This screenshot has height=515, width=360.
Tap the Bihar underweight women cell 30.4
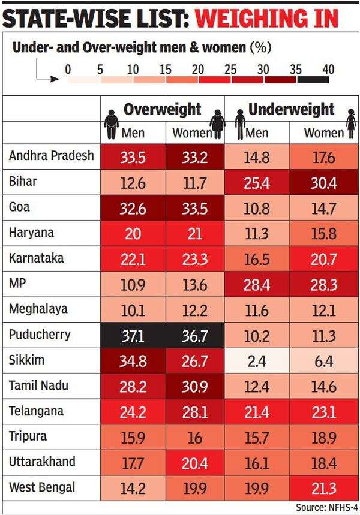323,182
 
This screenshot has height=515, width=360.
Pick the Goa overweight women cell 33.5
194,208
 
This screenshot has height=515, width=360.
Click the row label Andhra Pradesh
52,156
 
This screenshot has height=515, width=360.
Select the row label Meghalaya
38,309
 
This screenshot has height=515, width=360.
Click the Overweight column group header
162,110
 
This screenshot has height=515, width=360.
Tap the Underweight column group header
291,110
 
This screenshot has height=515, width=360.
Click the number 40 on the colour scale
328,69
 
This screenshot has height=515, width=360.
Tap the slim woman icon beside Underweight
351,124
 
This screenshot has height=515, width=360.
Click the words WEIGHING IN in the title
266,20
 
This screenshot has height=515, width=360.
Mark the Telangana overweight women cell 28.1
194,412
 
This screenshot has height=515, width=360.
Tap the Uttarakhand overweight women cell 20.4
194,463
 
